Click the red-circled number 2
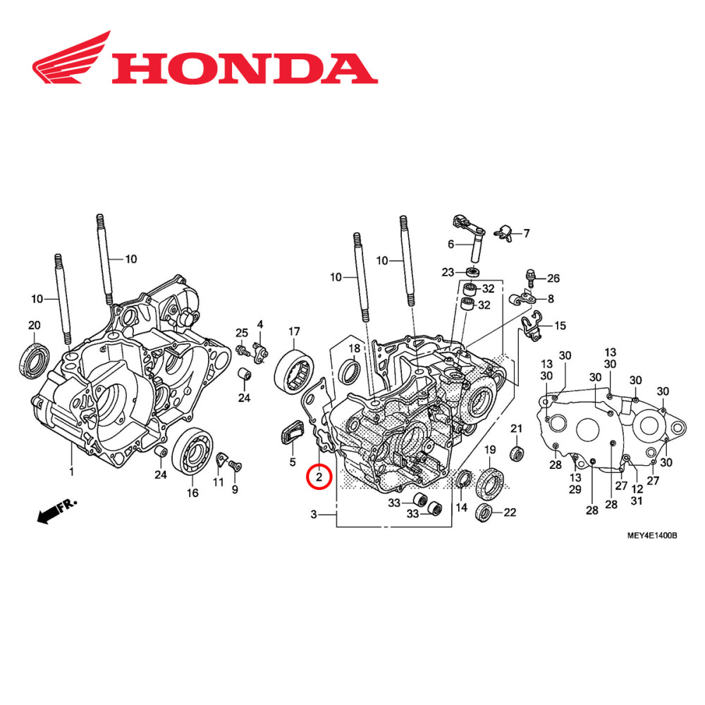coord(319,478)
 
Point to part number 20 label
coord(34,325)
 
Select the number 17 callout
coord(294,331)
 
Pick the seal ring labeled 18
coord(350,372)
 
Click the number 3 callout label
coord(314,515)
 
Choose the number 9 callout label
coord(235,489)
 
